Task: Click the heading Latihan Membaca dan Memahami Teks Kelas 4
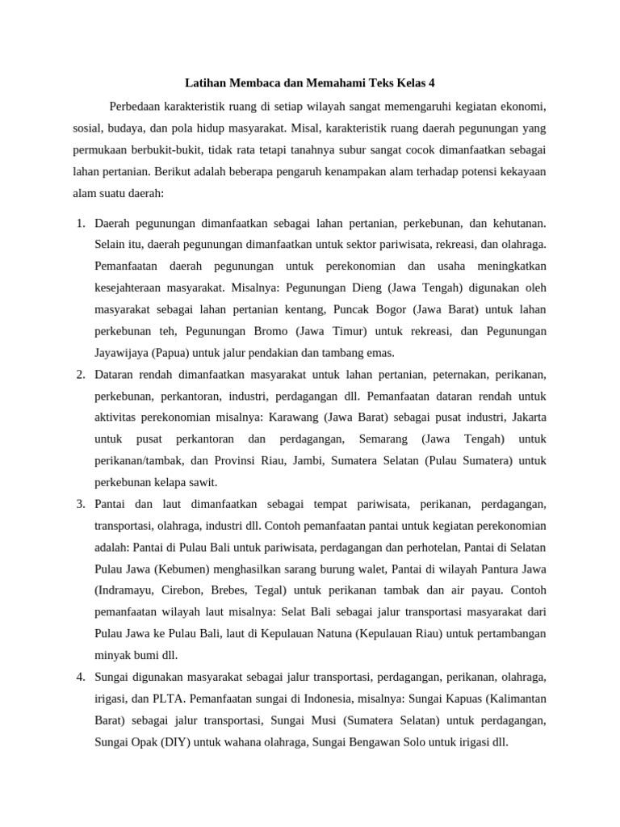[310, 82]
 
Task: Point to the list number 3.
[81, 504]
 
